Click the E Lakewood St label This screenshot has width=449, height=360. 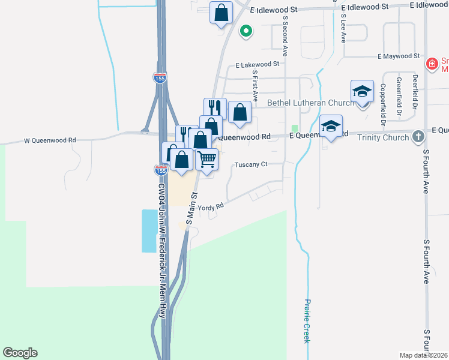[x=258, y=64]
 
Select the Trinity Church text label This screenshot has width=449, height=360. [x=382, y=137]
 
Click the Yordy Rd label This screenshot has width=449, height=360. [x=215, y=206]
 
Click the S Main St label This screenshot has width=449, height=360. [x=191, y=209]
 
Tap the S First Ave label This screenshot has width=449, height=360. [x=255, y=85]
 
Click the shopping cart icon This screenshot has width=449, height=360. [x=207, y=159]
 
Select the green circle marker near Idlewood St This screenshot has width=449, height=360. [x=245, y=31]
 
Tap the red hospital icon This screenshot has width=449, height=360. [x=431, y=64]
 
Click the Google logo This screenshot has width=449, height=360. [x=20, y=353]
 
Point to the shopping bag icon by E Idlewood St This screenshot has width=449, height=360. [x=221, y=12]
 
